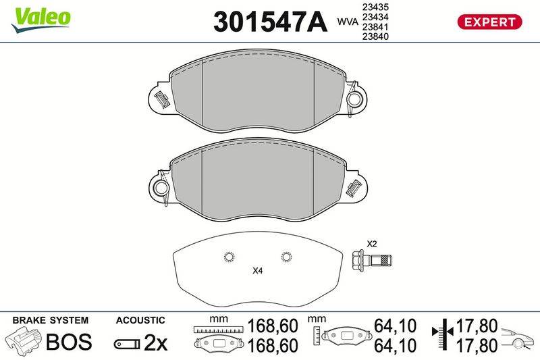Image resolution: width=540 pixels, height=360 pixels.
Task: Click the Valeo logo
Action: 40,20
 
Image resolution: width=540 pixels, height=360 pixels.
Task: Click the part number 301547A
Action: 271,22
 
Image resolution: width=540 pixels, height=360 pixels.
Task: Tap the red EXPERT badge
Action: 489,22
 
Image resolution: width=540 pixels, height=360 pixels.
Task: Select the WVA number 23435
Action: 375,7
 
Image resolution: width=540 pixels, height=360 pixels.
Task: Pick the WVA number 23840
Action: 375,36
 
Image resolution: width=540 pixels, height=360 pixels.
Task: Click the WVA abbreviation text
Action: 348,22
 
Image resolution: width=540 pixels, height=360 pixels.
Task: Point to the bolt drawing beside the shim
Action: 372,259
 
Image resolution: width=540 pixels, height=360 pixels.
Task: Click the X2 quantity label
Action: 372,244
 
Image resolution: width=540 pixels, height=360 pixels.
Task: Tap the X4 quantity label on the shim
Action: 258,271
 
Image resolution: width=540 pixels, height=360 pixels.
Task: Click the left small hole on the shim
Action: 229,257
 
